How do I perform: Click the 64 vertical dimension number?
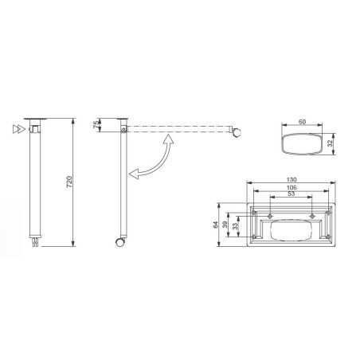217,226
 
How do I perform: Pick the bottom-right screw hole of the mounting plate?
328,236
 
